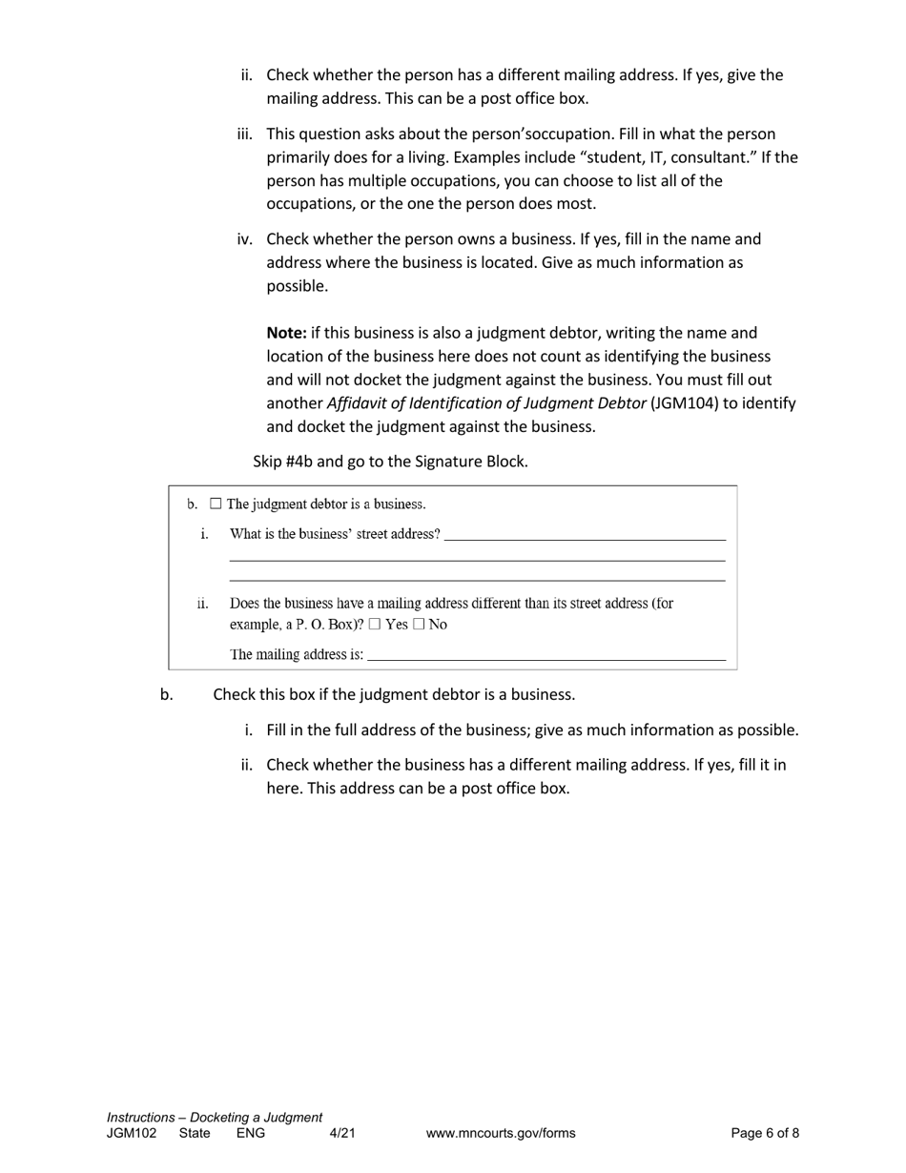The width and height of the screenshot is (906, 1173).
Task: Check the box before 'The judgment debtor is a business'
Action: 216,504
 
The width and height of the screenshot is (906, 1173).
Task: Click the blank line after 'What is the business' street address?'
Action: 584,534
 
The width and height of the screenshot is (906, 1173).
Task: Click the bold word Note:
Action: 286,333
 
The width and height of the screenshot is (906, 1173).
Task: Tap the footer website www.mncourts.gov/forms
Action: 501,1133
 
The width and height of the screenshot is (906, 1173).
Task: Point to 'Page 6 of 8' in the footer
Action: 765,1133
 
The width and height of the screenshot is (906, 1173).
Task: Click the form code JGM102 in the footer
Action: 132,1133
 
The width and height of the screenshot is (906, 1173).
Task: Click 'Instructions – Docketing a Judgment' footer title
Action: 215,1117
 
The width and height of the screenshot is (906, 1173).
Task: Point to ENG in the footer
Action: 251,1133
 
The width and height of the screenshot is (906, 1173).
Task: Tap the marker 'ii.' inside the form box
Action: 202,604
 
